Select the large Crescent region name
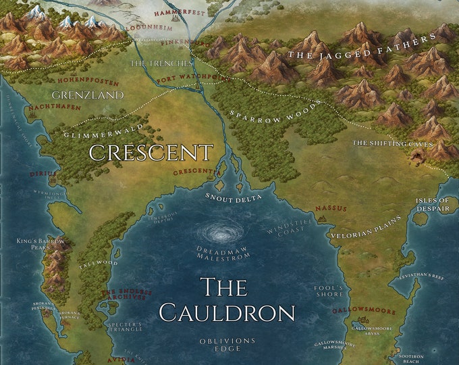pos(151,152)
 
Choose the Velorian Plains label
pos(365,227)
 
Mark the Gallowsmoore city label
pos(364,311)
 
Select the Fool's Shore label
pos(329,291)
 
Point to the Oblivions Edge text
pos(227,345)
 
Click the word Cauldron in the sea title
pos(227,312)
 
